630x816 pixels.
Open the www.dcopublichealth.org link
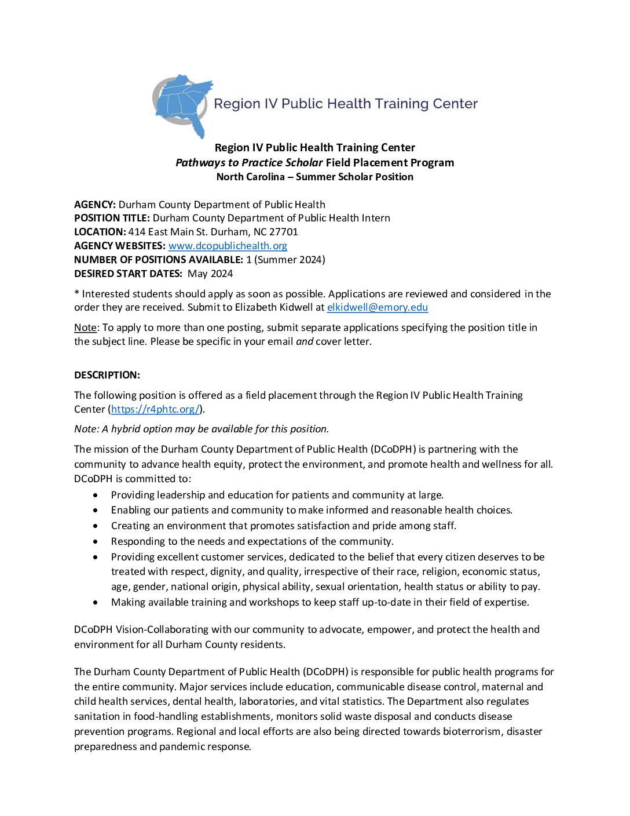(228, 246)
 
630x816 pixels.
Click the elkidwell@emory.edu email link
(377, 307)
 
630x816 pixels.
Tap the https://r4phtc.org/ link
(155, 409)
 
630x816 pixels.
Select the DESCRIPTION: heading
(107, 375)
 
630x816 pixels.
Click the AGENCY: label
(95, 205)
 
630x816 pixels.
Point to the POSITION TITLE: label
(112, 218)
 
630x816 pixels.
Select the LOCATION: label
(100, 232)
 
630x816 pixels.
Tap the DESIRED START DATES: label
(128, 274)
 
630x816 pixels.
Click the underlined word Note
(85, 327)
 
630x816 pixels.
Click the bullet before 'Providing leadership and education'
(96, 496)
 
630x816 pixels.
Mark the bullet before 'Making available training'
(96, 603)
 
